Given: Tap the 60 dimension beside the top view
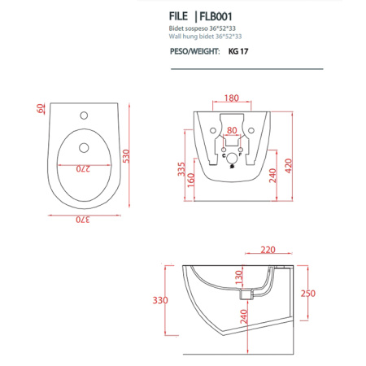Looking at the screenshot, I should [38, 108].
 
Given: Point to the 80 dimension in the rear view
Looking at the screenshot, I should [232, 129].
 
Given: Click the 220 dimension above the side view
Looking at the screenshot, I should [270, 251].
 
